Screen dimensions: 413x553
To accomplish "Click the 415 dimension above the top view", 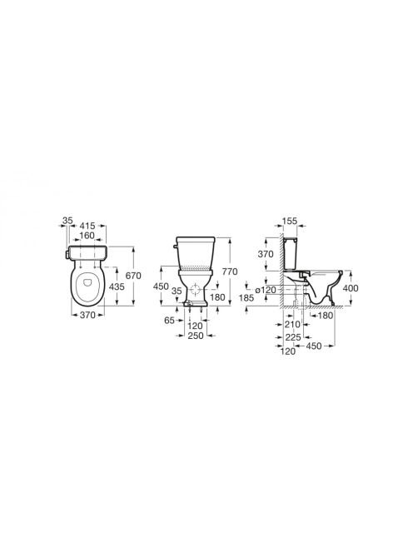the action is click(88, 226).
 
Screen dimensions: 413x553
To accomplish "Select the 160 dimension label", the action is click(87, 235).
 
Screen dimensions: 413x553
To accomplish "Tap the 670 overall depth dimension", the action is click(133, 276).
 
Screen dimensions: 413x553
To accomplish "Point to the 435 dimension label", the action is click(117, 286).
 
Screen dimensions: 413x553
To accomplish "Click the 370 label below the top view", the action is click(87, 315).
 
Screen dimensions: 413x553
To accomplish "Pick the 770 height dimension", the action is click(230, 272).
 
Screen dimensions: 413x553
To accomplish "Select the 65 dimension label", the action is click(170, 321).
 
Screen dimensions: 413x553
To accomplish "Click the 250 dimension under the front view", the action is click(196, 336).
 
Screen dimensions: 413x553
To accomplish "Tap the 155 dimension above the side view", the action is click(290, 222).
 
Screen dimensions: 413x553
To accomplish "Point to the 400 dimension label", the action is click(351, 288).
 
